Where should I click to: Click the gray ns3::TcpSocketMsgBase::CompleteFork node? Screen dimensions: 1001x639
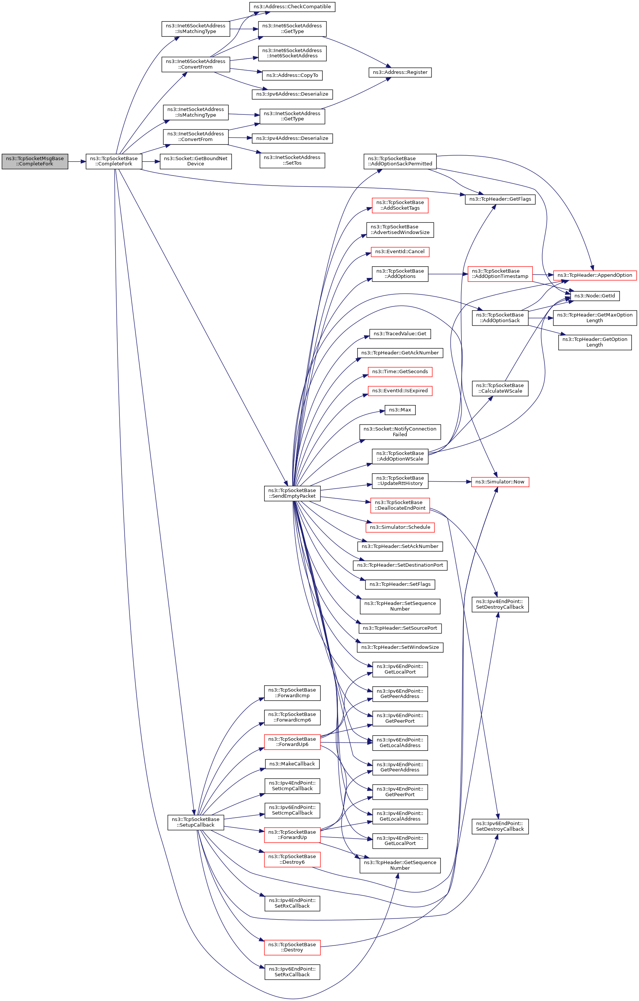pos(35,161)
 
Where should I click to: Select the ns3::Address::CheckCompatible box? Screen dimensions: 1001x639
pos(292,7)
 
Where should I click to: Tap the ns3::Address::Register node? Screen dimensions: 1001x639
pos(400,72)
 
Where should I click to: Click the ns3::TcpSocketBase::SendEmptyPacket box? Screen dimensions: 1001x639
pos(292,494)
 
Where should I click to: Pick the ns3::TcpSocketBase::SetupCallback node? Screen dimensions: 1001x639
pos(195,822)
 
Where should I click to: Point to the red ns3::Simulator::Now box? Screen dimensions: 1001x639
pos(500,482)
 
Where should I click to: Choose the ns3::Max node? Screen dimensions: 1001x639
pos(400,410)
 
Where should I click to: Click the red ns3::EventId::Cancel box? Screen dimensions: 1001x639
pos(400,252)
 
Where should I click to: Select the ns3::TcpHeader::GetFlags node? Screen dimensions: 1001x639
pos(500,199)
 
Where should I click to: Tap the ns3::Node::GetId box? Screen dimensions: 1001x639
pos(594,296)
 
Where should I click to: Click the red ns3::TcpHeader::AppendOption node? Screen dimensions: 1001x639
pos(594,275)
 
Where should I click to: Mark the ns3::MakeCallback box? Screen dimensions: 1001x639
pos(292,764)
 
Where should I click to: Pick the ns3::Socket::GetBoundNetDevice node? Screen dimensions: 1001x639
pos(195,161)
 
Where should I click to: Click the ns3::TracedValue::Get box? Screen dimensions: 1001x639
pos(400,334)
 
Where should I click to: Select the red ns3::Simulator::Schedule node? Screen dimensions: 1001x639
pos(400,527)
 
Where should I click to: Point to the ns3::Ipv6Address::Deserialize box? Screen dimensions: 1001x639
pos(292,95)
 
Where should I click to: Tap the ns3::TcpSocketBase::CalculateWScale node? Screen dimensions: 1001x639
pos(500,388)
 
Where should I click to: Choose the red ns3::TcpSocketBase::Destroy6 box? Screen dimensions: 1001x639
pos(292,859)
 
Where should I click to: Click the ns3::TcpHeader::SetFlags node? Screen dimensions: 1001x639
pos(400,584)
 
